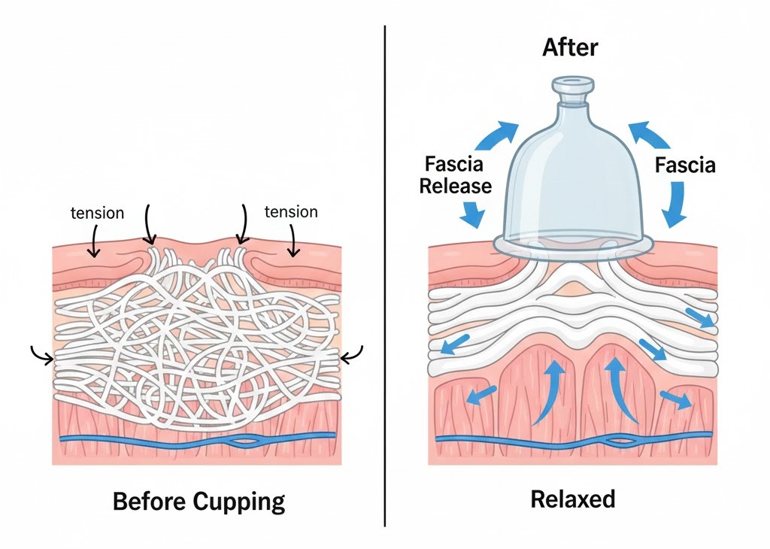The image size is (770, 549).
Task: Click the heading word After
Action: pos(570,47)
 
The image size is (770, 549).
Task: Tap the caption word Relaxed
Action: pos(573,499)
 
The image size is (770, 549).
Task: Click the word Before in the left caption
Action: pos(147,501)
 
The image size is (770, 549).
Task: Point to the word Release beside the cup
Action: pos(455,185)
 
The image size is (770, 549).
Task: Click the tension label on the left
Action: pos(97,212)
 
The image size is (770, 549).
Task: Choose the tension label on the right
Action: pos(291,211)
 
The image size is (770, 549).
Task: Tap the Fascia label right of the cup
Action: pos(685,164)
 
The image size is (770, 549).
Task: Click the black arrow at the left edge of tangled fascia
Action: pos(42,353)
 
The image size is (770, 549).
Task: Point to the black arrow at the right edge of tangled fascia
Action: pos(352,354)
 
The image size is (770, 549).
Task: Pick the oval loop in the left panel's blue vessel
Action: pos(245,441)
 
